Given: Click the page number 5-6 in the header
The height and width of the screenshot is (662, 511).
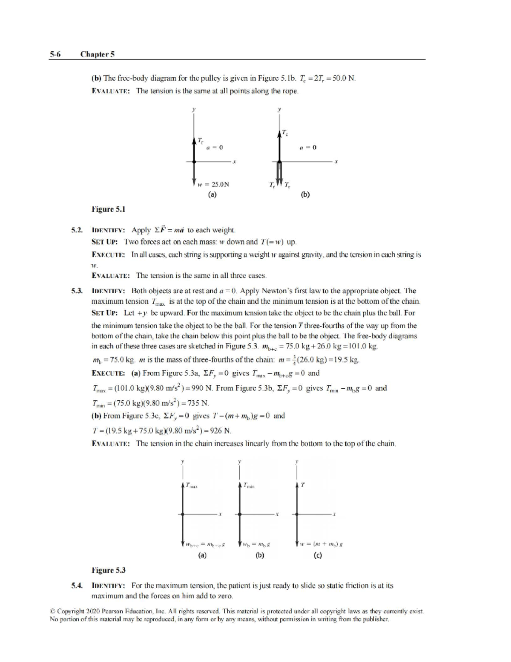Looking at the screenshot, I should (x=55, y=54).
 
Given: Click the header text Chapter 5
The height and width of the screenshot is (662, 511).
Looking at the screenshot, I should (x=98, y=54).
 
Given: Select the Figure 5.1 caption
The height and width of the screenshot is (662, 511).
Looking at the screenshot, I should (x=109, y=209).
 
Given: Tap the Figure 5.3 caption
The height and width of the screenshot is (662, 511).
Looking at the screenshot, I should (x=109, y=570).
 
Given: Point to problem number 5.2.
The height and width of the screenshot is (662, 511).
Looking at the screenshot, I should (x=77, y=230).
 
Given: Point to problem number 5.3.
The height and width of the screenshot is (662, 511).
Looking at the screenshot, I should (x=77, y=291).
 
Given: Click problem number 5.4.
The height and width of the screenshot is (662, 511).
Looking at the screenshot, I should (x=77, y=586).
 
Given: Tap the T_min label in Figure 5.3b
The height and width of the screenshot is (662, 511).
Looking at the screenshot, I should (x=249, y=485).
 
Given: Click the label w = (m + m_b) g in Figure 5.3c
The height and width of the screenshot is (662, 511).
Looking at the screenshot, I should (x=322, y=544).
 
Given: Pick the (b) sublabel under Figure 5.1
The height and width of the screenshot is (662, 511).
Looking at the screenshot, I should (x=305, y=195).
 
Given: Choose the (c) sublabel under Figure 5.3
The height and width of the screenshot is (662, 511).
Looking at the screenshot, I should (x=317, y=555).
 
